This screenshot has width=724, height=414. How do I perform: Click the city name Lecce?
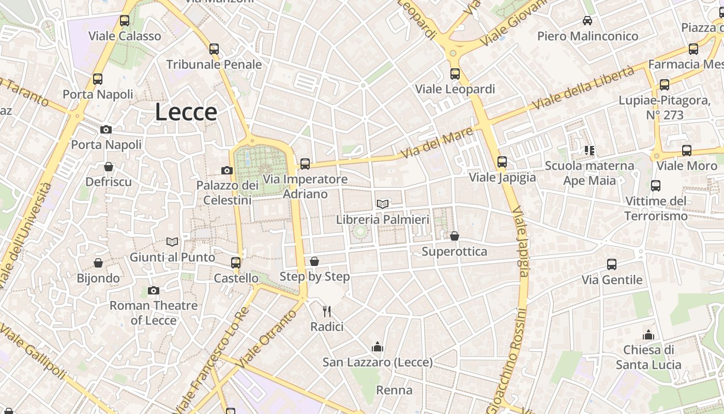point(186,112)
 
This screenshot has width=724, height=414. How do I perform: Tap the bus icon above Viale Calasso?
point(125,21)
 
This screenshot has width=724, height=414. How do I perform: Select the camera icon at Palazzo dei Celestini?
point(227,170)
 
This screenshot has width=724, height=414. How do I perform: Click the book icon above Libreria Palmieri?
point(383,204)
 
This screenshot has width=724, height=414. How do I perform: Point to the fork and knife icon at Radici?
point(327,311)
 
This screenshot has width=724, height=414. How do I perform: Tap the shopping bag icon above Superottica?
point(454,236)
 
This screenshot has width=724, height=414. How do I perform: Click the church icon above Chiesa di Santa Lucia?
point(648,335)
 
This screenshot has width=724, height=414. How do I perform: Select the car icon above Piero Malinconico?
point(587,21)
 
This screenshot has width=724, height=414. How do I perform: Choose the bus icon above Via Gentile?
point(612,264)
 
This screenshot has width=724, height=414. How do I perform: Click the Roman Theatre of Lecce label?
point(154,313)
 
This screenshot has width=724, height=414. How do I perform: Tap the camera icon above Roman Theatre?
point(153,290)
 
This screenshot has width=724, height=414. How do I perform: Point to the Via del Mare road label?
point(437,143)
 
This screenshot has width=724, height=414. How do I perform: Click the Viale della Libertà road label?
point(583,88)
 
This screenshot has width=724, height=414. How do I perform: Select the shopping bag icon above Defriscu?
point(109,167)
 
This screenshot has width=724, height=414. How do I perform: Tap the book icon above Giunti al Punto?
point(172,242)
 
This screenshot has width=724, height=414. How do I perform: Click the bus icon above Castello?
point(236,262)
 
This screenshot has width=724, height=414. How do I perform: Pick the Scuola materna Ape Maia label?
point(590,173)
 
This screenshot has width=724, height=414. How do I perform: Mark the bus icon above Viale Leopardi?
point(455,74)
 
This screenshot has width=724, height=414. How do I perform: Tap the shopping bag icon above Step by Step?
point(314,261)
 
